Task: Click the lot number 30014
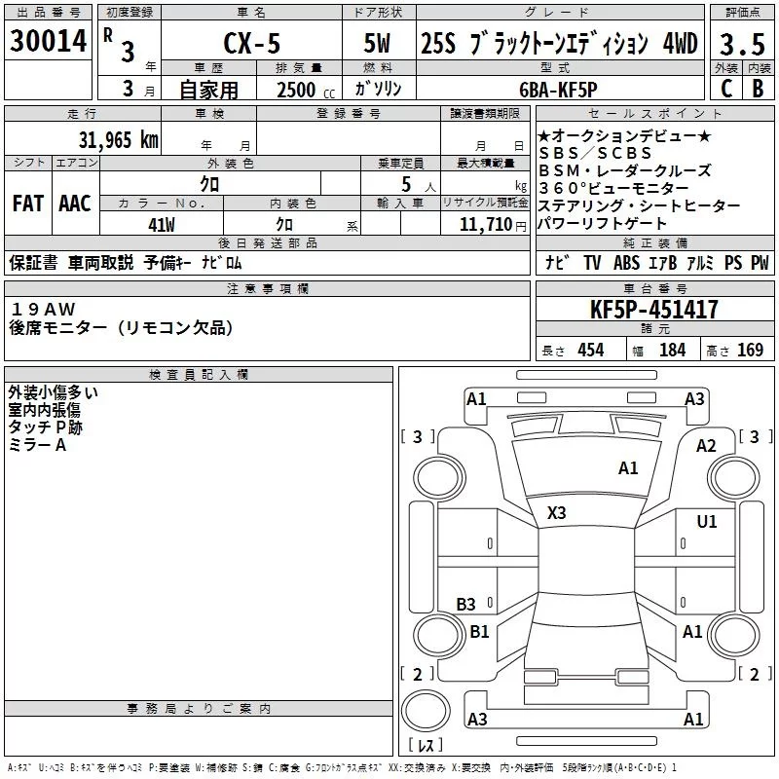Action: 49,41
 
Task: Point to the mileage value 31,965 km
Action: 118,139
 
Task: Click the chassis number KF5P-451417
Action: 654,311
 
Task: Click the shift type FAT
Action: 27,204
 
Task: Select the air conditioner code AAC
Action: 74,204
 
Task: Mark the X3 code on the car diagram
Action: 557,513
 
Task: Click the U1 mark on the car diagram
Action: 706,522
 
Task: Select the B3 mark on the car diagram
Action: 465,604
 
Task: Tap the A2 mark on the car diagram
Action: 706,446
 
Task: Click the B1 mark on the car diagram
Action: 479,632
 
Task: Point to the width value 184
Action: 672,351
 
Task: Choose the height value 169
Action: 750,351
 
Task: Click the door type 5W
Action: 380,44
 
